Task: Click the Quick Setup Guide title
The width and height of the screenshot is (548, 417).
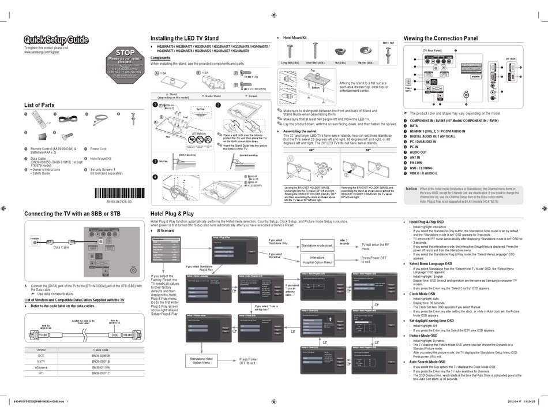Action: (x=56, y=40)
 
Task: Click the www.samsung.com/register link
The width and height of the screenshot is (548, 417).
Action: (x=42, y=52)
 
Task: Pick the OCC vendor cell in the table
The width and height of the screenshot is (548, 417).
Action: (x=41, y=357)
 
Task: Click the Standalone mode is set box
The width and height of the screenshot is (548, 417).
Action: (x=317, y=245)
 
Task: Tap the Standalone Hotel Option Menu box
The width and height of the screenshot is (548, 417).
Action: (x=201, y=360)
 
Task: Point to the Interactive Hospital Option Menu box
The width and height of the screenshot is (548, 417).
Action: (x=317, y=260)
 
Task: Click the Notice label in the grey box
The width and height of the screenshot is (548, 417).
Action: (x=411, y=188)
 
